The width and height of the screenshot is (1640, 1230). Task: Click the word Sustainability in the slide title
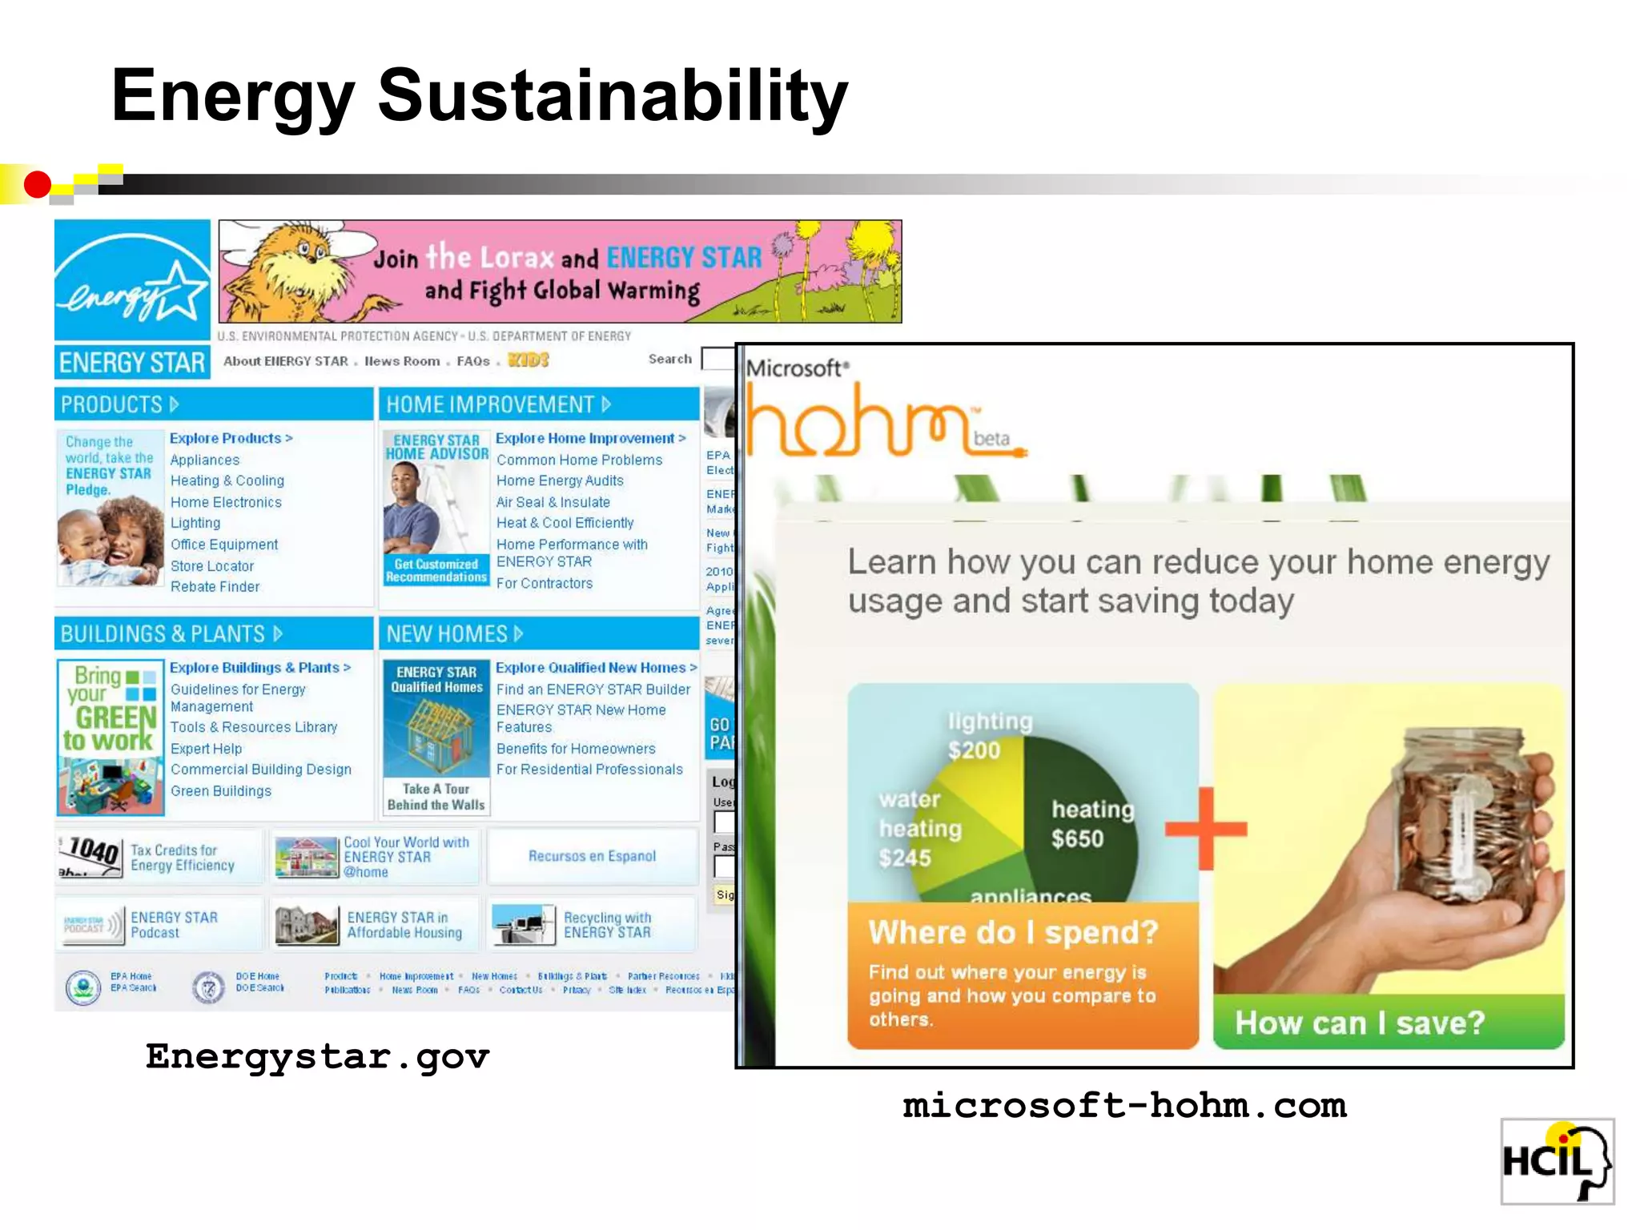613,96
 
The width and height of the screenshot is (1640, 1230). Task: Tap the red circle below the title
37,185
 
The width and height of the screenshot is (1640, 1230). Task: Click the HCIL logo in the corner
1556,1161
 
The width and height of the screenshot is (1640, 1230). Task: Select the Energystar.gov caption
317,1058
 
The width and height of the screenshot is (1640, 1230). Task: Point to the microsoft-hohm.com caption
1124,1107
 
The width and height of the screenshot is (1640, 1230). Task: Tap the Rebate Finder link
215,587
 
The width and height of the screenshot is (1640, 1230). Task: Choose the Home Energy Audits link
560,481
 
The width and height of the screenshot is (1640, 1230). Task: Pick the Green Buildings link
221,791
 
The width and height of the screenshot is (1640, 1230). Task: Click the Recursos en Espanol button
592,856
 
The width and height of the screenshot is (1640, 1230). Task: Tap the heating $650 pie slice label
1091,824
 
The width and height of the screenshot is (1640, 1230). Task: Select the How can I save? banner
1360,1023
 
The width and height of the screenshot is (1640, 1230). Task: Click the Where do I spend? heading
1013,933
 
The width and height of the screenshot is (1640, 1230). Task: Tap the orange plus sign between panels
1206,829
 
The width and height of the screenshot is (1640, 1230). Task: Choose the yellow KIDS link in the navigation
529,360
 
